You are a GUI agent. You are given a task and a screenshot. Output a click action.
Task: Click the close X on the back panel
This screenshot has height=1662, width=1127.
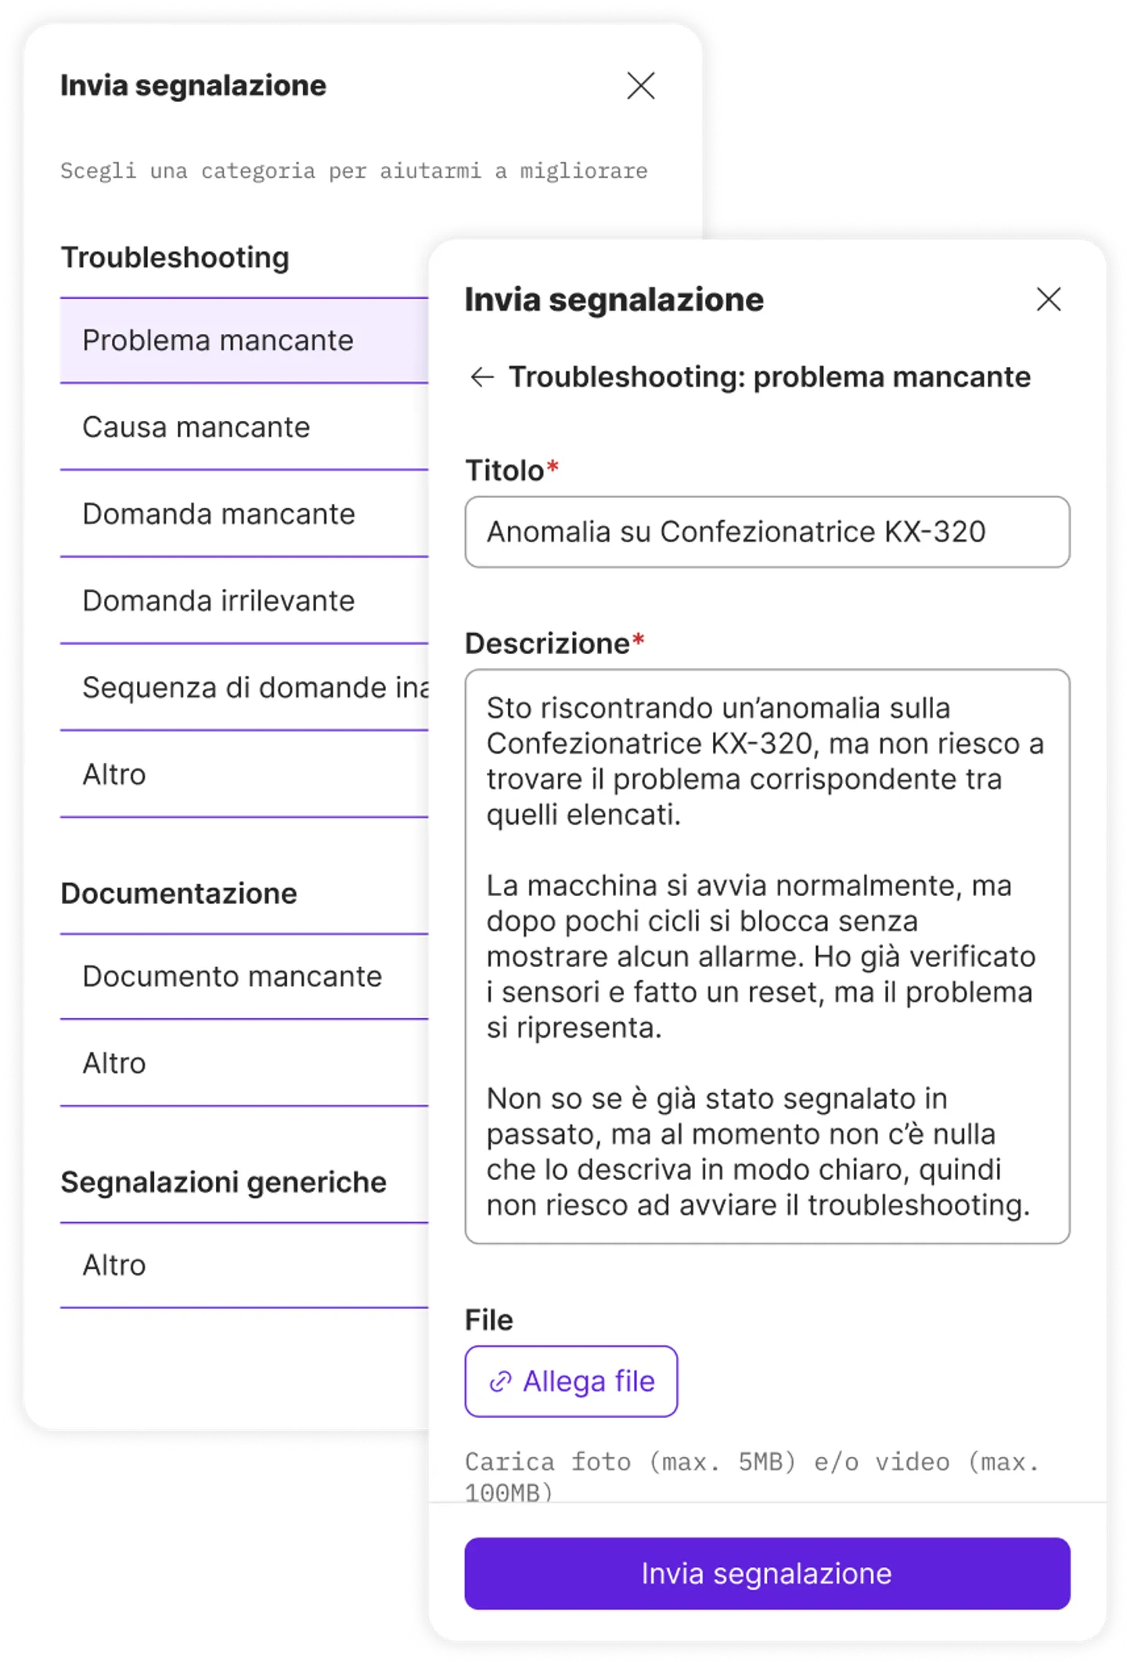tap(641, 86)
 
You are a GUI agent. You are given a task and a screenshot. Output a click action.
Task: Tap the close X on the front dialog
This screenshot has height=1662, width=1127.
tap(1048, 299)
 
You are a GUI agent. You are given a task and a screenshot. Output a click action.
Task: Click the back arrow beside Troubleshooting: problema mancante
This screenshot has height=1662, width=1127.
tap(482, 377)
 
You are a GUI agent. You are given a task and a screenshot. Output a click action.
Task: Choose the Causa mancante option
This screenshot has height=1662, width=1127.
tap(196, 427)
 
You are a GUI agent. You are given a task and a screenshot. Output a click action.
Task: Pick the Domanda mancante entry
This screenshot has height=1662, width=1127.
tap(219, 514)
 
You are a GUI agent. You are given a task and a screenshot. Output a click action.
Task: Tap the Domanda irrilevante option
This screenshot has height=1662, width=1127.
tap(219, 601)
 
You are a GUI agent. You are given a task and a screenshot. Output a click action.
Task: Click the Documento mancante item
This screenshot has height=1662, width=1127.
tap(232, 977)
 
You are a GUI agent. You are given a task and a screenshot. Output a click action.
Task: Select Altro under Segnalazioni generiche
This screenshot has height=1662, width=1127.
tap(114, 1265)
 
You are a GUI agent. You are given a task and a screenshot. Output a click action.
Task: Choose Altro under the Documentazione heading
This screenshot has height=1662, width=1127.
tap(114, 1063)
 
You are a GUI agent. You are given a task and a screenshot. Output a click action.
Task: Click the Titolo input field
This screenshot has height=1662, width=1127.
tap(767, 532)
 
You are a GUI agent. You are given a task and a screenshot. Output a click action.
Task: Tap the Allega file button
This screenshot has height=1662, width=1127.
tap(571, 1381)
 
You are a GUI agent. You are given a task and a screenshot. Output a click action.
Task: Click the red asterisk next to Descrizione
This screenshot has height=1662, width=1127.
tap(639, 640)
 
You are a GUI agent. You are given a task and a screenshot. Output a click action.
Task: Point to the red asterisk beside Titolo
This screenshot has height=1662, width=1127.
tap(553, 467)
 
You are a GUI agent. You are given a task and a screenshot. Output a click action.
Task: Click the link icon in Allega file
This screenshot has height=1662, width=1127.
tap(500, 1382)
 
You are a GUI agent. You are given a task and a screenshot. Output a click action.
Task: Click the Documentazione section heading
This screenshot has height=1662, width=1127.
tap(179, 894)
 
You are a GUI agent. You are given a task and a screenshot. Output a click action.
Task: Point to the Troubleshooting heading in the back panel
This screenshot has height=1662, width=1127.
tap(175, 257)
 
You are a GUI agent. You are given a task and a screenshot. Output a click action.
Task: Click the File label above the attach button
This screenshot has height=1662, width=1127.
tap(489, 1320)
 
